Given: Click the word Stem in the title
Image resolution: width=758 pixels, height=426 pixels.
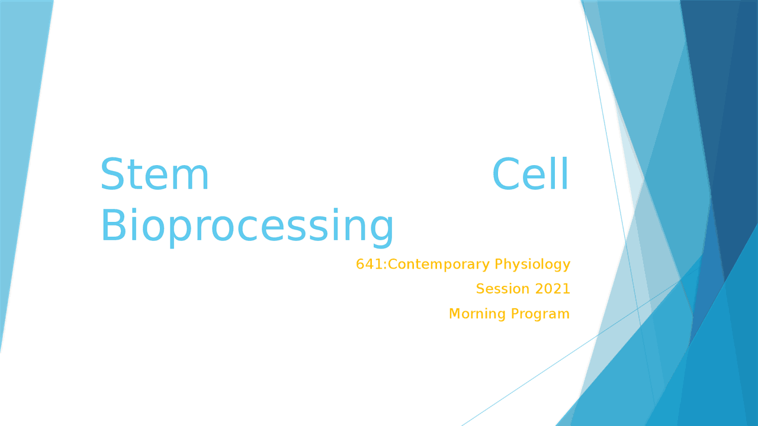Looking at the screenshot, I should tap(155, 176).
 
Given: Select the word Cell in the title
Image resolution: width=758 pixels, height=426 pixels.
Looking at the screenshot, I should tap(531, 176).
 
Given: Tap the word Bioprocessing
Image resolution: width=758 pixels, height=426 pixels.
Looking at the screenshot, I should tap(246, 226).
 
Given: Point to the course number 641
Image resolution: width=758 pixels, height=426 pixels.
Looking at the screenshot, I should tap(370, 264).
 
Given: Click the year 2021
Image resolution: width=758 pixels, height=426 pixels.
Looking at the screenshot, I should tap(553, 289).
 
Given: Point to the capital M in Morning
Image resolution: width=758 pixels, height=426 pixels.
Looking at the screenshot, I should tap(455, 314).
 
